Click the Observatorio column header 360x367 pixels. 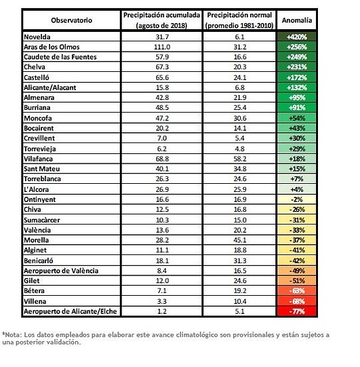[x=72, y=20]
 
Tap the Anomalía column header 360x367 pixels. [x=297, y=20]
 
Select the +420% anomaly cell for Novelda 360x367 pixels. [x=297, y=37]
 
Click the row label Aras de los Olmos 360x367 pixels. [x=52, y=47]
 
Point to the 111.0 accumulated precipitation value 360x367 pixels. [x=162, y=47]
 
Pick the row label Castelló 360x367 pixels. [x=37, y=77]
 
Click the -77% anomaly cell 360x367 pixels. [x=297, y=311]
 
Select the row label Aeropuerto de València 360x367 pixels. [x=61, y=271]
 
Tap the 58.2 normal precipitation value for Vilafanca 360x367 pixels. [x=240, y=159]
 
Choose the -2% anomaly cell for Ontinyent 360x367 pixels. [x=297, y=199]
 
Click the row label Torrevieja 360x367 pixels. [x=40, y=149]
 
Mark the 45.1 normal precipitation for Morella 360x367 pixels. [x=240, y=240]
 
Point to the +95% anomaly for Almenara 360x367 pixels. [x=297, y=98]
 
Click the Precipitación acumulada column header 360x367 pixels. [x=161, y=20]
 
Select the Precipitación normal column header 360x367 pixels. [x=239, y=20]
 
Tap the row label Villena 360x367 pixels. [x=35, y=301]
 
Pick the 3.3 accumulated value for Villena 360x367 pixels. [x=162, y=301]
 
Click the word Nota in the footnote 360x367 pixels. [x=13, y=334]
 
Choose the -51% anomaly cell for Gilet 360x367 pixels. [x=297, y=281]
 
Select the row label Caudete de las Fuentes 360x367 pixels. [x=60, y=57]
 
